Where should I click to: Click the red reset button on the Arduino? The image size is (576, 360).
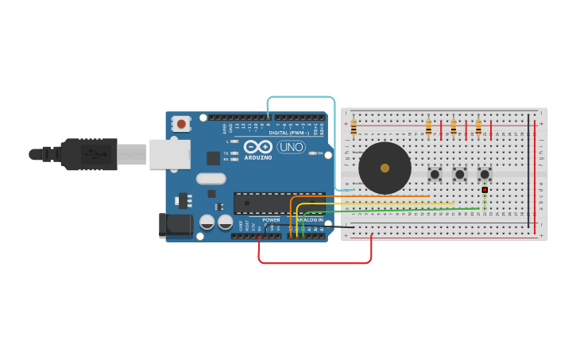(x=181, y=123)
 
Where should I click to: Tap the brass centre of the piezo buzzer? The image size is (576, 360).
(x=385, y=168)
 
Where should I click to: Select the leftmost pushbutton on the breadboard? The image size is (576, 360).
(x=435, y=173)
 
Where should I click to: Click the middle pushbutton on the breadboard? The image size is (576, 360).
(x=459, y=173)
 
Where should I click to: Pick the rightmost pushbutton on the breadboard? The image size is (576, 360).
(x=485, y=173)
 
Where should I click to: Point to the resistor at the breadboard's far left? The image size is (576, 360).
(x=354, y=127)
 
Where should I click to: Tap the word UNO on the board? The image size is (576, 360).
(x=291, y=146)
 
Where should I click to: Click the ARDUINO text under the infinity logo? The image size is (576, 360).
(x=258, y=157)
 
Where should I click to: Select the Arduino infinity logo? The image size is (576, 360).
(x=258, y=146)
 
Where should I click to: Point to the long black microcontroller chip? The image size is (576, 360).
(x=278, y=203)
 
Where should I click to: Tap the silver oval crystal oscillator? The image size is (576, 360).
(x=211, y=179)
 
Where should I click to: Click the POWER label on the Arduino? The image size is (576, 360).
(x=271, y=219)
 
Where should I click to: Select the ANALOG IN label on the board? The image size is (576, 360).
(x=310, y=219)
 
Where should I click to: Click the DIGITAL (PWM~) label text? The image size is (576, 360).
(x=289, y=133)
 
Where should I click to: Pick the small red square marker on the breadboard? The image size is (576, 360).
(x=485, y=190)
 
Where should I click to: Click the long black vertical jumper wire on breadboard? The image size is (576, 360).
(x=528, y=171)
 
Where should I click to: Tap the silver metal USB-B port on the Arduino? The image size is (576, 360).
(x=169, y=154)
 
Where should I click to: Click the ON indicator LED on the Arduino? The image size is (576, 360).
(x=313, y=153)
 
